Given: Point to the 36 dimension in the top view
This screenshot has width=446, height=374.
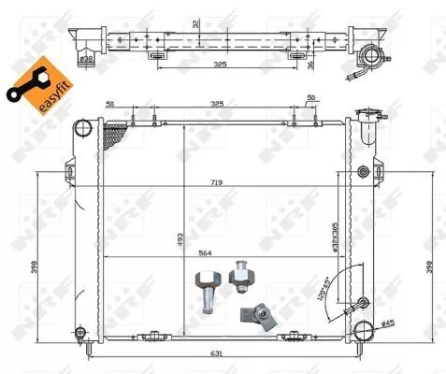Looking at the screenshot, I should (x=337, y=64).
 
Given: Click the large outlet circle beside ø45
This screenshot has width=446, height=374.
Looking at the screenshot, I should (x=364, y=330).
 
